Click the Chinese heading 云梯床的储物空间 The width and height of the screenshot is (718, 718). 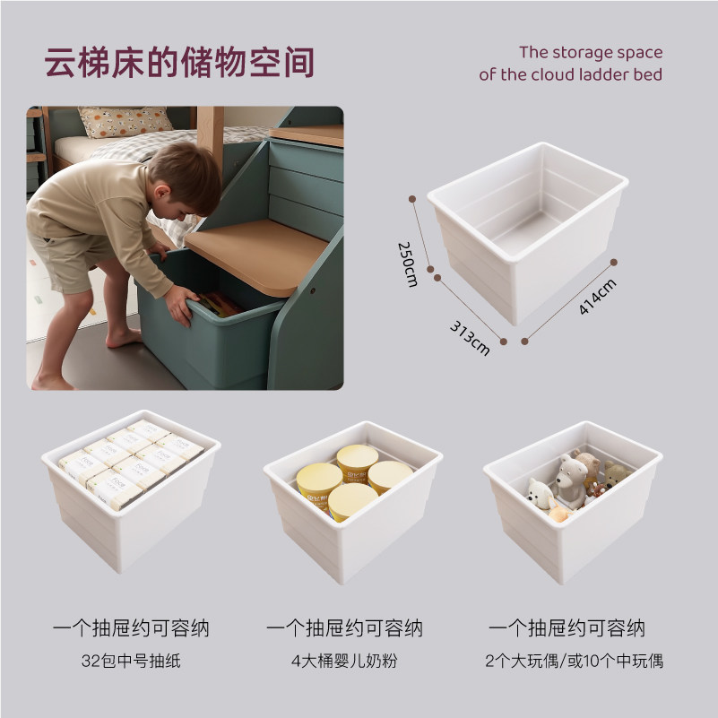(179, 64)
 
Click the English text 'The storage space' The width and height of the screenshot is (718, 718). (591, 52)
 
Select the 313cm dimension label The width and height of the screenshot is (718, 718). (470, 337)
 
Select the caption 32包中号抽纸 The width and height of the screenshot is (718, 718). (131, 662)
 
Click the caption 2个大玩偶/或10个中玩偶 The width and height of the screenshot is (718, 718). (574, 662)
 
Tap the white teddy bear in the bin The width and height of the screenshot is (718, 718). (568, 480)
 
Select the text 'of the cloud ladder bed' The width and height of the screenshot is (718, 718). (570, 75)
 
